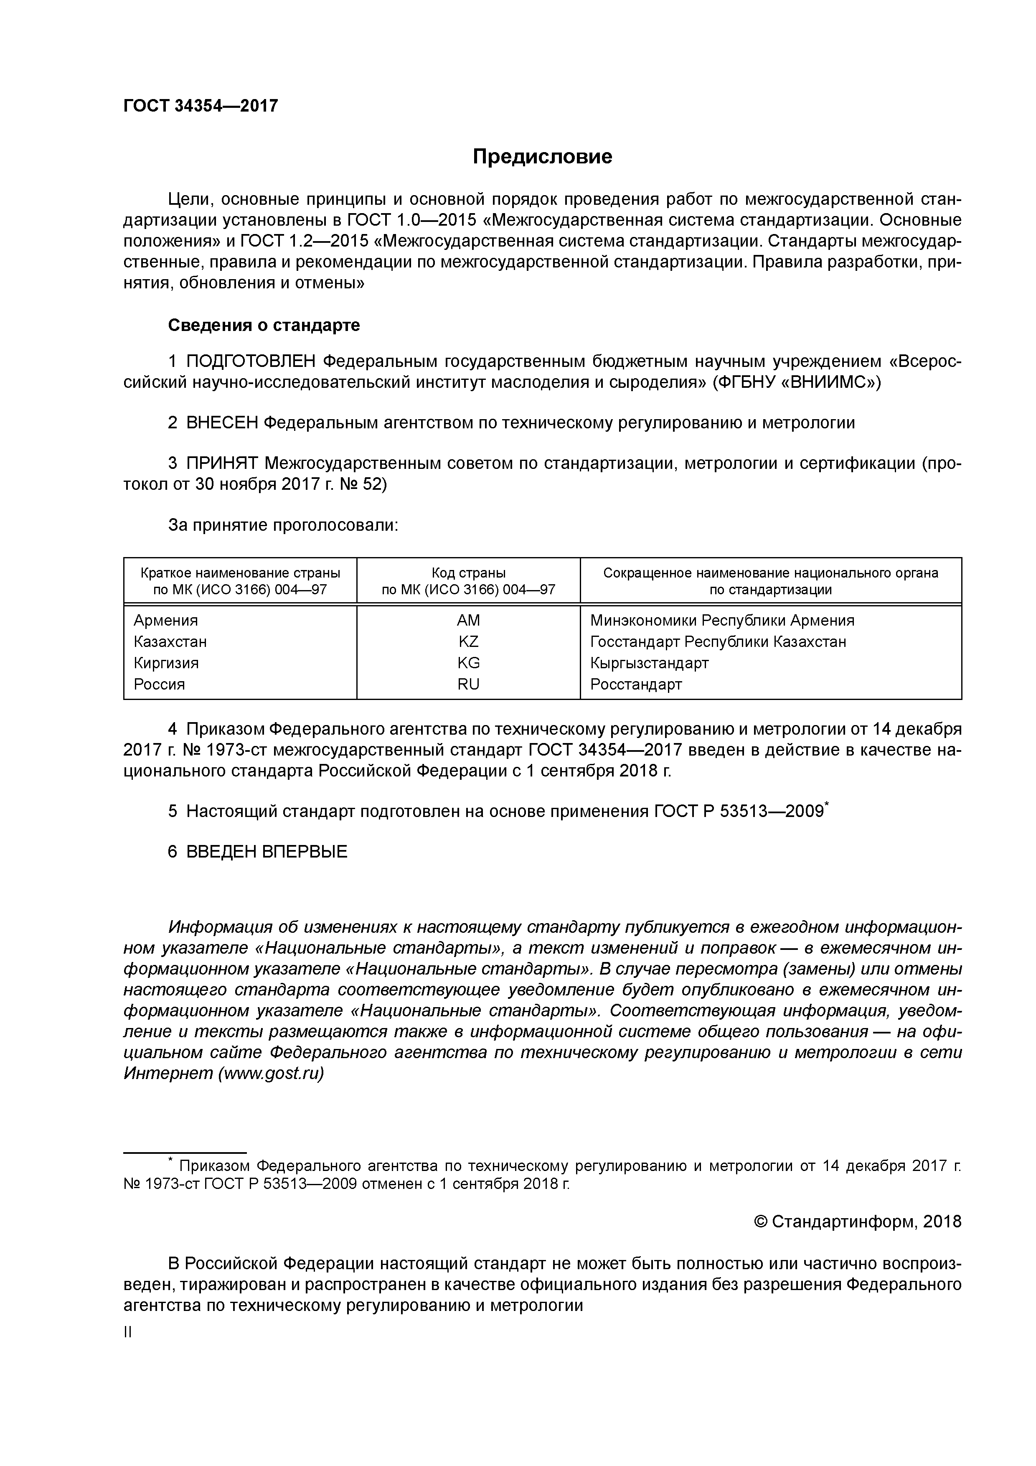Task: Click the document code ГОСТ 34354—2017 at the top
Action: pos(201,106)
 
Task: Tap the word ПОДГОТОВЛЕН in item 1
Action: pos(251,361)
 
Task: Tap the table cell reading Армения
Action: pos(166,620)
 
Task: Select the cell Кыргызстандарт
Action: pos(649,663)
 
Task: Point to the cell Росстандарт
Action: pos(636,685)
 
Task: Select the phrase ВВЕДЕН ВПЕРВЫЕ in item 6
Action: pos(267,851)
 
